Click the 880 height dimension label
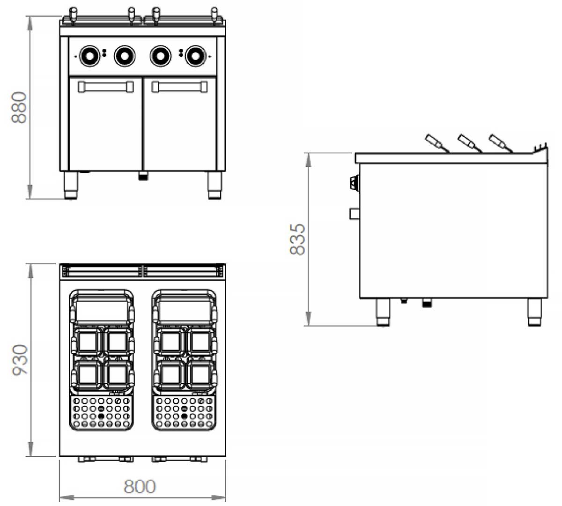(19, 107)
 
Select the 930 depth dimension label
(20, 360)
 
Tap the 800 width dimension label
(140, 486)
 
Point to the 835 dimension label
(297, 239)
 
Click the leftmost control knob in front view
(89, 56)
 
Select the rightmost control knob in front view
(195, 56)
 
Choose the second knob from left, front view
(125, 56)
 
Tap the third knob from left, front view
(161, 56)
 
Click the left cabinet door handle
(106, 87)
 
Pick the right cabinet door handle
(179, 87)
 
